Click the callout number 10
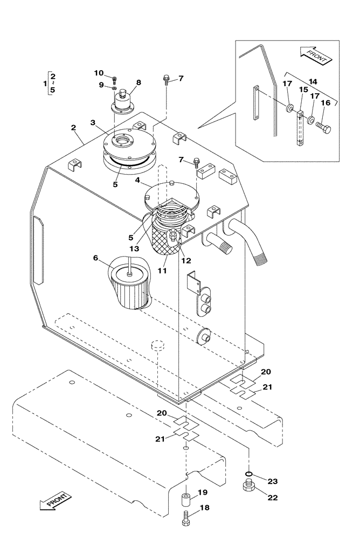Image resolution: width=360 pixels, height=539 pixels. pos(99,73)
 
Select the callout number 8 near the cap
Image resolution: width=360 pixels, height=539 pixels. pos(139,82)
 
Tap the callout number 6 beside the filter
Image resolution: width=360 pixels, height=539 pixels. pos(95,258)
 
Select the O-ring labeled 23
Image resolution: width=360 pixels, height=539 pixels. pos(248,473)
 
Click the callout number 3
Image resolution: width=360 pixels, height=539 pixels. pos(93,122)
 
